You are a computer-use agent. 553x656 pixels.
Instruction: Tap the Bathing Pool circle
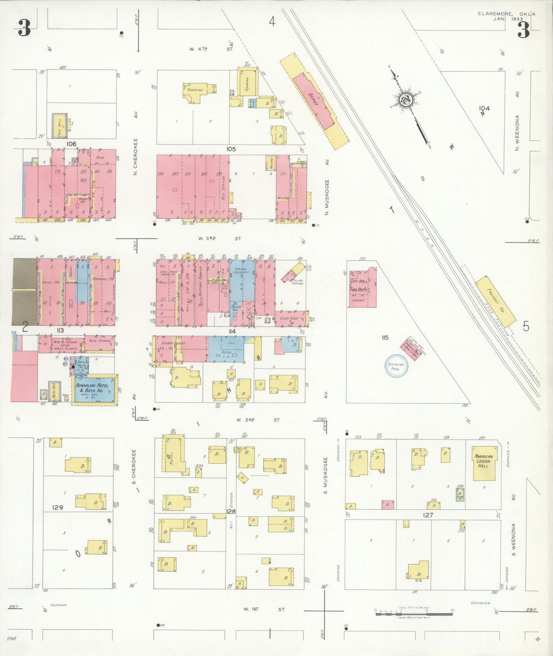point(396,367)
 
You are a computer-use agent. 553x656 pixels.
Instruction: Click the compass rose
point(405,101)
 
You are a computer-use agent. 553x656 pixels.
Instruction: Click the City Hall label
point(359,281)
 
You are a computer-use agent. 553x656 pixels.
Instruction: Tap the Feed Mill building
point(60,126)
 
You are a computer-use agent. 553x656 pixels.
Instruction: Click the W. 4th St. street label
point(211,49)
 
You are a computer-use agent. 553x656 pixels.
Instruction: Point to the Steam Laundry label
point(241,271)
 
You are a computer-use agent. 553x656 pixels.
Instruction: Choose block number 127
point(428,515)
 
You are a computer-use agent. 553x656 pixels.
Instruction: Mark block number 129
point(57,508)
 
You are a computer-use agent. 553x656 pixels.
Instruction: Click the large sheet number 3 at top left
point(24,28)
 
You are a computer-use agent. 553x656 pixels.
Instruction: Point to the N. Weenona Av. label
point(517,132)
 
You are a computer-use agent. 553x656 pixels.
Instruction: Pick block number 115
point(385,337)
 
